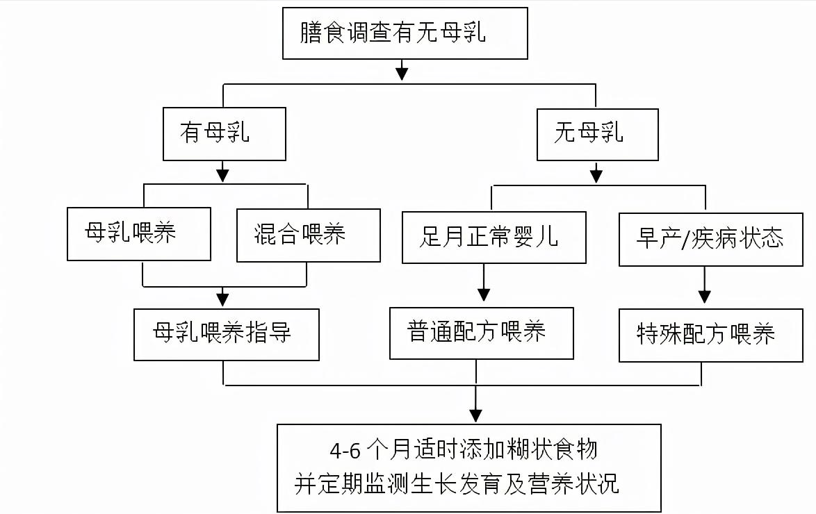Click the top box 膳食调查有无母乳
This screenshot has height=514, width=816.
pyautogui.click(x=405, y=33)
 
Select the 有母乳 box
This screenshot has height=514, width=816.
pyautogui.click(x=224, y=133)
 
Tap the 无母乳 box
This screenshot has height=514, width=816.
pyautogui.click(x=597, y=133)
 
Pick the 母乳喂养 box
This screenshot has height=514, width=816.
pyautogui.click(x=139, y=233)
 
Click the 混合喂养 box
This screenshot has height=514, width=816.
pyautogui.click(x=308, y=235)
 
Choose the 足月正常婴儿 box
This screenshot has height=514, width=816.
pyautogui.click(x=493, y=237)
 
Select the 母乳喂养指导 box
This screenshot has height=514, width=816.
pyautogui.click(x=226, y=334)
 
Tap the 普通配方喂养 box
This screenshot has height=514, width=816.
pyautogui.click(x=481, y=333)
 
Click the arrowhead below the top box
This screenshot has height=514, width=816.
pyautogui.click(x=401, y=72)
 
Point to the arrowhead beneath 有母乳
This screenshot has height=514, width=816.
pyautogui.click(x=222, y=174)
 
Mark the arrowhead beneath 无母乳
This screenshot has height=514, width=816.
pyautogui.click(x=596, y=174)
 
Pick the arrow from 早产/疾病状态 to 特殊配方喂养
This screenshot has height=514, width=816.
pyautogui.click(x=704, y=285)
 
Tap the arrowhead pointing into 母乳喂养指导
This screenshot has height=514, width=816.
pyautogui.click(x=222, y=299)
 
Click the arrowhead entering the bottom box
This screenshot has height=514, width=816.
pyautogui.click(x=475, y=415)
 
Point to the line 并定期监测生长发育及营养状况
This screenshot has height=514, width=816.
pyautogui.click(x=457, y=484)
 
